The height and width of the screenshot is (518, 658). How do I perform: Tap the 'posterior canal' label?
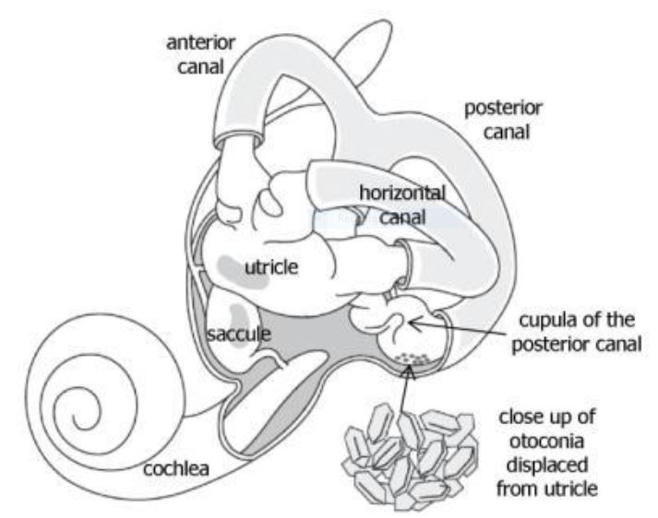[x=502, y=120]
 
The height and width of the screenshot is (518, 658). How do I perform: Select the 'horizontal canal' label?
[x=402, y=204]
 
